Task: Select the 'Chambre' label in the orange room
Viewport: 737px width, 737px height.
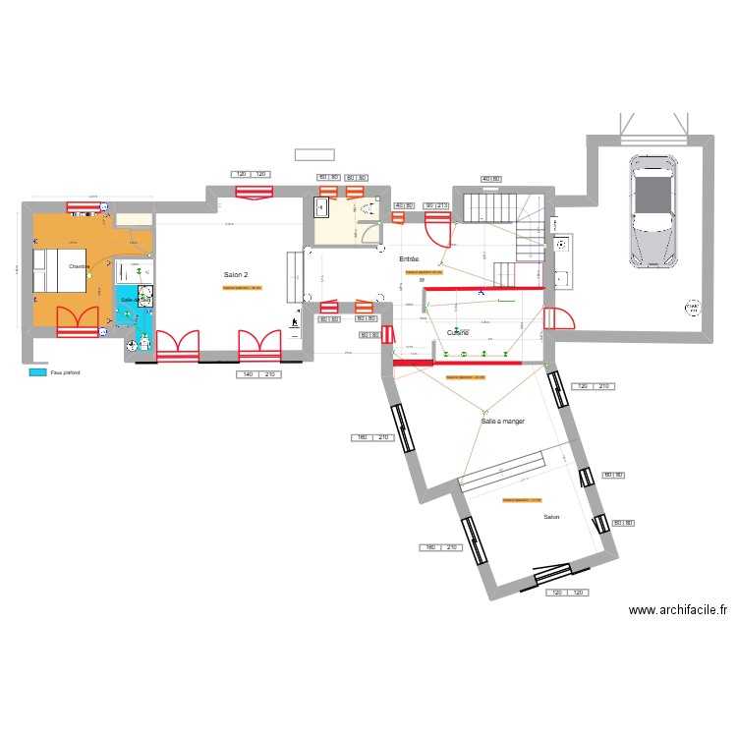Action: pos(79,266)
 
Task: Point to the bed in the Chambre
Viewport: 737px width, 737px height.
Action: pos(50,271)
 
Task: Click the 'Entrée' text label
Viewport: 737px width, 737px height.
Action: pos(409,259)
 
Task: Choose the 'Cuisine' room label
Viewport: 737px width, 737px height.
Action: pos(458,333)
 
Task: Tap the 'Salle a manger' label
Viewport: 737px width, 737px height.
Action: pos(502,421)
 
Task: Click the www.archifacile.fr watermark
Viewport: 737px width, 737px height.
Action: pos(678,610)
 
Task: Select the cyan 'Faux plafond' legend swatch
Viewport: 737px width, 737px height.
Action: pos(37,372)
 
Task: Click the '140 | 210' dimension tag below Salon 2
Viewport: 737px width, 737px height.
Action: pos(257,375)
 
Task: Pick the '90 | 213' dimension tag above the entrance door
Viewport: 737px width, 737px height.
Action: pos(435,205)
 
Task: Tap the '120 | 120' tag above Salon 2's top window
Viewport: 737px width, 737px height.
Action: pos(252,175)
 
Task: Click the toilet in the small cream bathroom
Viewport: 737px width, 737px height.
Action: pos(369,209)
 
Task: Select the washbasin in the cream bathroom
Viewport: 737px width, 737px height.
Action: pos(321,207)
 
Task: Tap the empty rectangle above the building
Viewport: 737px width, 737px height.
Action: pos(314,154)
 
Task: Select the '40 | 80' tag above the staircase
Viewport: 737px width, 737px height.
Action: pos(491,179)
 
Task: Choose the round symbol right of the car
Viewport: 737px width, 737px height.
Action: pos(694,308)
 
